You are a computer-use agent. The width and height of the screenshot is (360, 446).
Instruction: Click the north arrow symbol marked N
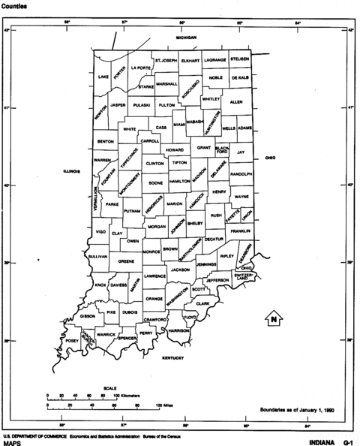(274, 318)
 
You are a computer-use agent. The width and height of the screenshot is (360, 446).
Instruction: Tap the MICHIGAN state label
(186, 37)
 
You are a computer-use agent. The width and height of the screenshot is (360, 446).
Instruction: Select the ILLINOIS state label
(73, 171)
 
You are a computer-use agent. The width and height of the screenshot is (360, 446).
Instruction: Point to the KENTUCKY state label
(173, 359)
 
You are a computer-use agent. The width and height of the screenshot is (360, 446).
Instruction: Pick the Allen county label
(236, 101)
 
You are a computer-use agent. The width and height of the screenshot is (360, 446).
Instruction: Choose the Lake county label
(103, 77)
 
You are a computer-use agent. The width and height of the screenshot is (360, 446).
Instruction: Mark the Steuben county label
(239, 59)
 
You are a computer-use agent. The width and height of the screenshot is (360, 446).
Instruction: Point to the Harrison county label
(178, 330)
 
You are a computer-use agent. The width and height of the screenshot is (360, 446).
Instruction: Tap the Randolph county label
(241, 173)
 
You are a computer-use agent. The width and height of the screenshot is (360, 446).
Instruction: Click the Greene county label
(125, 261)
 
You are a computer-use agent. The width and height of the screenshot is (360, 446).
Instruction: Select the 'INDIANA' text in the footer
(310, 442)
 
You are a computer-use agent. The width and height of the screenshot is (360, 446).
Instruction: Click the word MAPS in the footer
(13, 443)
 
